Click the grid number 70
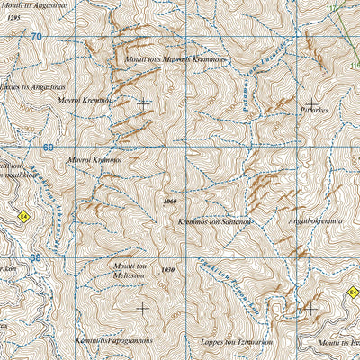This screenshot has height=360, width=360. (36, 37)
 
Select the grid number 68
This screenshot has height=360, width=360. (35, 257)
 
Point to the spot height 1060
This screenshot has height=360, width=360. (172, 202)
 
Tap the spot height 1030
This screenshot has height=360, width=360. (164, 270)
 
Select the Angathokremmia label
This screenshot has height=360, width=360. (316, 220)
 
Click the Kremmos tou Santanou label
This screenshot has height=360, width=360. (214, 220)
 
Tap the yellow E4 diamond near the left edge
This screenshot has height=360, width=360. (23, 215)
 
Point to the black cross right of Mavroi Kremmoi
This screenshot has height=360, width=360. (144, 102)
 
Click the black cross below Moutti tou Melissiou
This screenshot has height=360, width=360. (142, 307)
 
